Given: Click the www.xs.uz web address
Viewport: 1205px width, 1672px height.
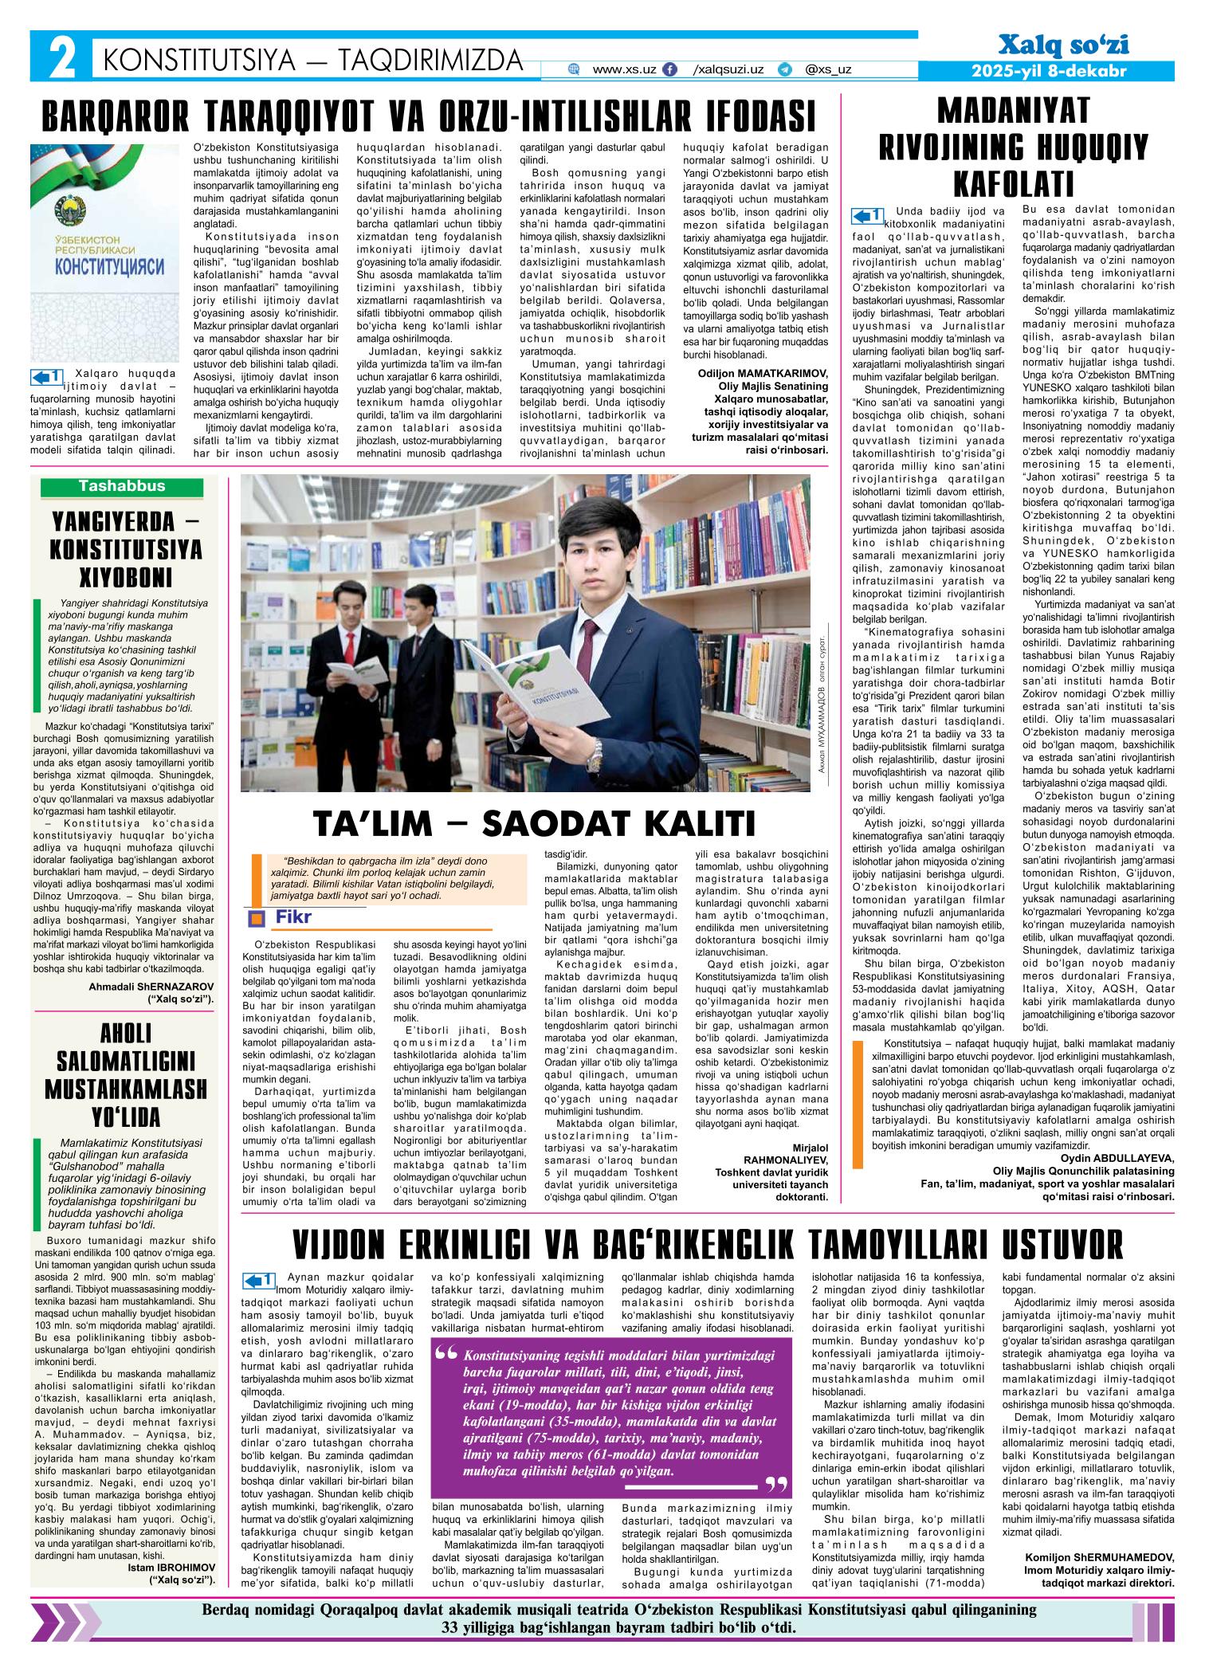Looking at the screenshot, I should (x=624, y=70).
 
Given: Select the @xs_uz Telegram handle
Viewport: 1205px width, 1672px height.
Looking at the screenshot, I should (x=828, y=70).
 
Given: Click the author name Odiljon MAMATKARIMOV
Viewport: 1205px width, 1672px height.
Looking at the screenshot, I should (x=763, y=372).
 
